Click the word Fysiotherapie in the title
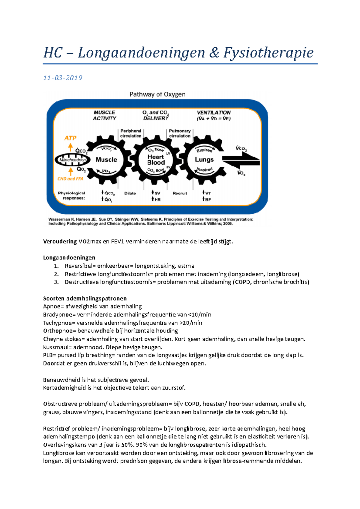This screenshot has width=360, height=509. pyautogui.click(x=268, y=53)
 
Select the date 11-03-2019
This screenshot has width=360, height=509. pyautogui.click(x=63, y=78)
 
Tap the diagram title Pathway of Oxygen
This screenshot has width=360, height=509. pyautogui.click(x=157, y=94)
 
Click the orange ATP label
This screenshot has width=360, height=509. pyautogui.click(x=70, y=138)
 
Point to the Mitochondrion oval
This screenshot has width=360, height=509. pyautogui.click(x=72, y=160)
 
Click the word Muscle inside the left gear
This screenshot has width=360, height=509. pyautogui.click(x=106, y=160)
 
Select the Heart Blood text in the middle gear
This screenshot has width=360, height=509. pyautogui.click(x=156, y=160)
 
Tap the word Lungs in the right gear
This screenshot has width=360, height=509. pyautogui.click(x=204, y=159)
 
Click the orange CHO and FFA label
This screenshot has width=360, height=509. pyautogui.click(x=70, y=179)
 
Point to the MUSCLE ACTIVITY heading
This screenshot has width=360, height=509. pyautogui.click(x=104, y=115)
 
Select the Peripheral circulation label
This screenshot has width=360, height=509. pyautogui.click(x=130, y=133)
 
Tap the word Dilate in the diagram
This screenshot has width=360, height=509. pyautogui.click(x=130, y=193)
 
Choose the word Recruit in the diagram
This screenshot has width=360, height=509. pyautogui.click(x=180, y=193)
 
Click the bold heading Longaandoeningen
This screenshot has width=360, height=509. pyautogui.click(x=69, y=257)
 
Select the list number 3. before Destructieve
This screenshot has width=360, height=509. pyautogui.click(x=56, y=282)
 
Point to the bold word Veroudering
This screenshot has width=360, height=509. pyautogui.click(x=60, y=242)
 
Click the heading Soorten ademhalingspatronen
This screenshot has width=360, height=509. pyautogui.click(x=85, y=299)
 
